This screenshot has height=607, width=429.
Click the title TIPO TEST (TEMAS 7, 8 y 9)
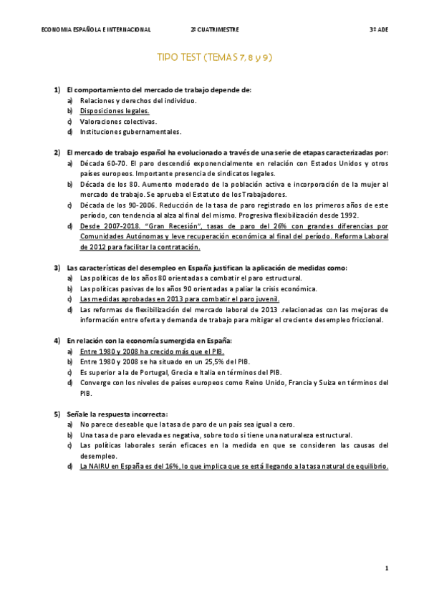[214, 57]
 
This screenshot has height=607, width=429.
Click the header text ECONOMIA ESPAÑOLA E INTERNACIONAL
[96, 29]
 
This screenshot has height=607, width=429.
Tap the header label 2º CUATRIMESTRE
[215, 29]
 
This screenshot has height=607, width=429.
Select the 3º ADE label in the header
[378, 29]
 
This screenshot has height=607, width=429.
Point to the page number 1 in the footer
[387, 568]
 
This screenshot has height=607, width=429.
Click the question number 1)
[57, 90]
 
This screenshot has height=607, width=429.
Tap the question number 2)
[57, 152]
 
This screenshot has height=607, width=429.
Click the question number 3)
[57, 268]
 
